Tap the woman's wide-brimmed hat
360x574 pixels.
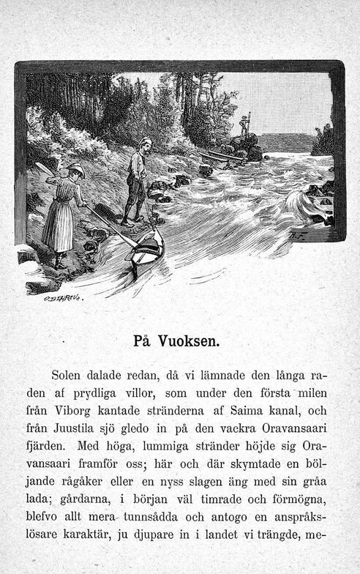pyautogui.click(x=75, y=170)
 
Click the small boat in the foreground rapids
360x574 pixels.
pyautogui.click(x=147, y=248)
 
